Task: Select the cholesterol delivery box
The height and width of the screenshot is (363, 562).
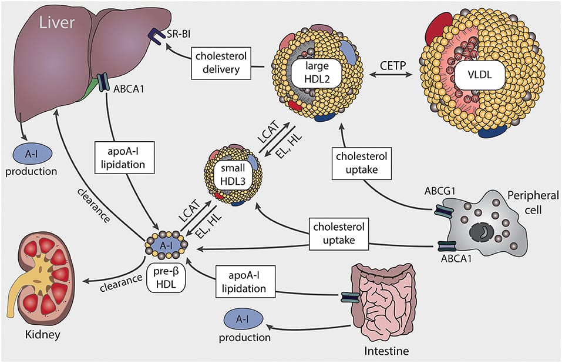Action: click(x=221, y=62)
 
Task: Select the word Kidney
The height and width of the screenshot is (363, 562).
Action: click(x=36, y=334)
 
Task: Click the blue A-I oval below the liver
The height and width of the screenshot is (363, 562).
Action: click(x=33, y=154)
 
